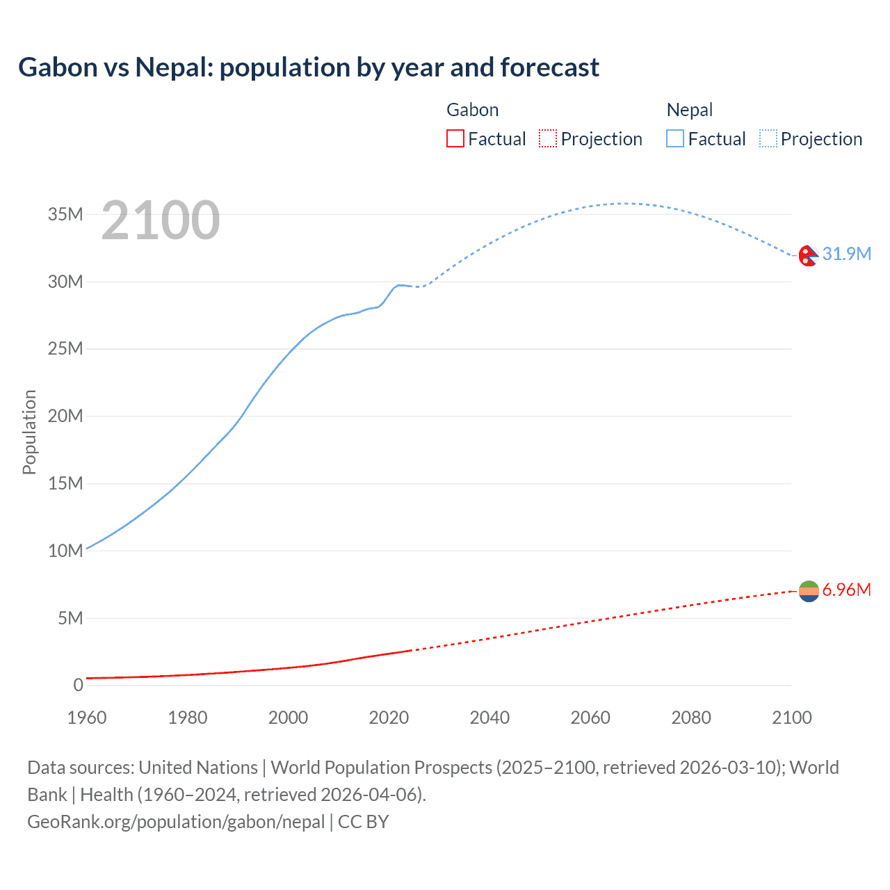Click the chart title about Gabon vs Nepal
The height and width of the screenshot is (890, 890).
point(309,67)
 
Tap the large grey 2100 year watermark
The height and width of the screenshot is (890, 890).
point(161,220)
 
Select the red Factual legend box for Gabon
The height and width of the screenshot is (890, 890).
point(455,138)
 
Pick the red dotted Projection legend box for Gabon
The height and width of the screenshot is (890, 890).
point(548,138)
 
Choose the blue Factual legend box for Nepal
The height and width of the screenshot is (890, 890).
point(674,138)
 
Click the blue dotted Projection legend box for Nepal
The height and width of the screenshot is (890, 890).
point(768,138)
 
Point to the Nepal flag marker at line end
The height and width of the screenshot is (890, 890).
point(808,256)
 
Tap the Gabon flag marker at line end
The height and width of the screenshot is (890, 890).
point(809,591)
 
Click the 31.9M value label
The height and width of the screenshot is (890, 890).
point(846,254)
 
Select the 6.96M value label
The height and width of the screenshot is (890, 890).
point(846,590)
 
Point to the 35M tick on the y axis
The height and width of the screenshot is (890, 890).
point(65,214)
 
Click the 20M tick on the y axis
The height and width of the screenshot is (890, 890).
point(65,416)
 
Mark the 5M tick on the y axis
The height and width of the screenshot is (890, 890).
point(70,617)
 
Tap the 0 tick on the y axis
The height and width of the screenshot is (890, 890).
point(78,685)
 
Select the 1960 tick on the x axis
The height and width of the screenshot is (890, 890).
point(87,718)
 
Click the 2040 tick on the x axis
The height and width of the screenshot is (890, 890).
point(489,718)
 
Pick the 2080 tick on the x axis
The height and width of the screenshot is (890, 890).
point(691,718)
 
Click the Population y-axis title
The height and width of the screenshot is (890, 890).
point(29,432)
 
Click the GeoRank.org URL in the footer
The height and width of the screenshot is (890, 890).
point(176,821)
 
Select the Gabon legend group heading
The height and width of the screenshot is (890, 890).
point(472,110)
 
